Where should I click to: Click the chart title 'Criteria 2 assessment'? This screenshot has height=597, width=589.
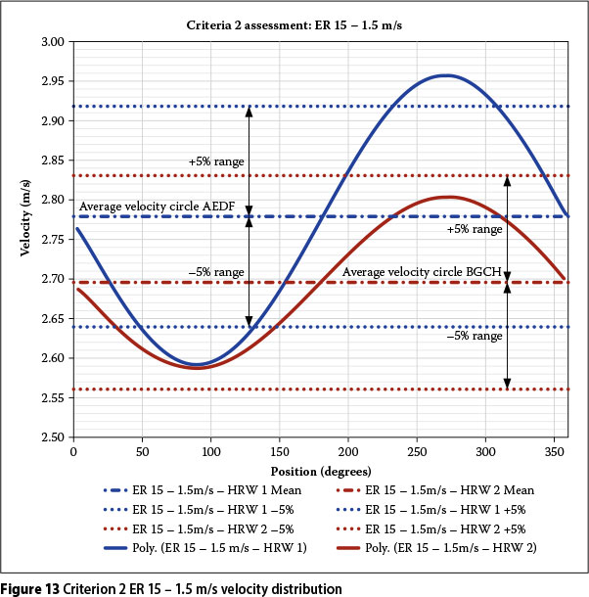coord(295,21)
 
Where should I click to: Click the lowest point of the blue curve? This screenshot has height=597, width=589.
coord(197,364)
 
